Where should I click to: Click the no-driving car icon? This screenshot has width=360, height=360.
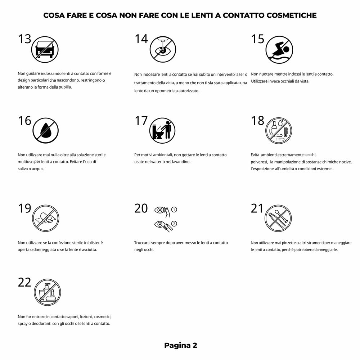(x=45, y=49)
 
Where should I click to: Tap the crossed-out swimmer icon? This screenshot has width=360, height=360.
(x=279, y=50)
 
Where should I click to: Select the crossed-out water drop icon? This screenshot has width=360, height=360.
(x=45, y=130)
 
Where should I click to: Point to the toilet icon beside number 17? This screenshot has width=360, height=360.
(x=162, y=130)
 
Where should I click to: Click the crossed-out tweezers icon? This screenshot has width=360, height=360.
(x=278, y=218)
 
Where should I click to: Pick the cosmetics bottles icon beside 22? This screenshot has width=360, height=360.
(x=47, y=292)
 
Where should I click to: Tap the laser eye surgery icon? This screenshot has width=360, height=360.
(x=163, y=49)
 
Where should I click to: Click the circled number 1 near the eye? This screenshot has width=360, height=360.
(x=174, y=210)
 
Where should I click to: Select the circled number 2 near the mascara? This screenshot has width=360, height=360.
(x=174, y=224)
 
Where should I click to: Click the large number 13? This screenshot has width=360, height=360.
(x=24, y=39)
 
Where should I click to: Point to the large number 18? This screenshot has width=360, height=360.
(x=258, y=121)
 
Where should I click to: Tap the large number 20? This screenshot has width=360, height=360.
(x=141, y=208)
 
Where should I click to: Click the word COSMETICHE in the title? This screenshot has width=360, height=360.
(x=291, y=15)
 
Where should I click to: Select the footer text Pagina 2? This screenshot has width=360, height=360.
(x=180, y=345)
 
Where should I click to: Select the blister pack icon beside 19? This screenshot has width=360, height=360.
(x=45, y=218)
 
